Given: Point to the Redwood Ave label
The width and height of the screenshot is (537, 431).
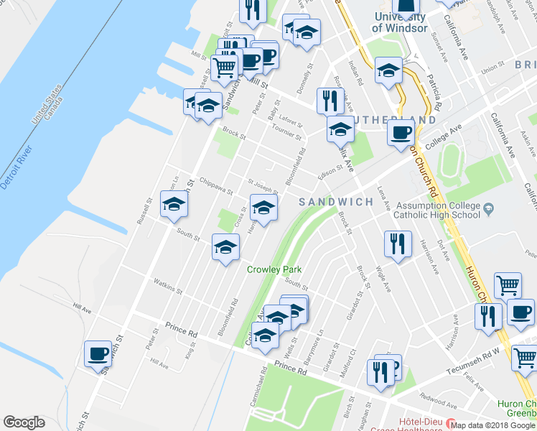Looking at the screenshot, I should (x=439, y=397).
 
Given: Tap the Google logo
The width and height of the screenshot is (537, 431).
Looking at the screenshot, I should (x=24, y=422).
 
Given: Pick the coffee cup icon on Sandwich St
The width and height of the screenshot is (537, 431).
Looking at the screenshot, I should (x=98, y=354).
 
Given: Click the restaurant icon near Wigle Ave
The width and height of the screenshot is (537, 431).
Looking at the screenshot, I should (x=397, y=244).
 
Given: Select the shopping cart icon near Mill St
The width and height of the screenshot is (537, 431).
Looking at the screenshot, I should (x=224, y=68).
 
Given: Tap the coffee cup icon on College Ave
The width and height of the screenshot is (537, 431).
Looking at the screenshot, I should (x=401, y=131).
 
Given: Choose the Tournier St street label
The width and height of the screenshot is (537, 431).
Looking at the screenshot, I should (x=288, y=130).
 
